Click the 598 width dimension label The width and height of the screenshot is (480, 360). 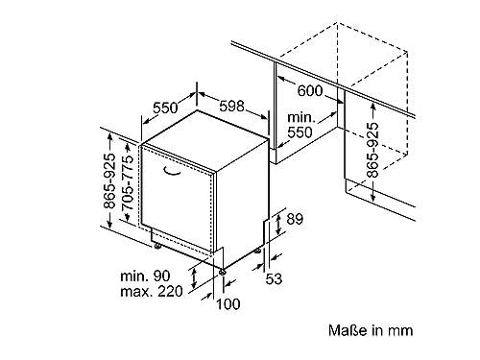(231, 106)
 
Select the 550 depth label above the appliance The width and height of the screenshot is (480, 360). (165, 108)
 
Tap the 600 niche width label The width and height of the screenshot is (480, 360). (310, 91)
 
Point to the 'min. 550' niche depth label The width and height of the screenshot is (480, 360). (300, 125)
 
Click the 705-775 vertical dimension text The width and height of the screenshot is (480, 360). (128, 182)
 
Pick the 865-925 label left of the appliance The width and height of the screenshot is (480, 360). (109, 181)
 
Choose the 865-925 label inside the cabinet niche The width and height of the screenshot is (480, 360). (372, 150)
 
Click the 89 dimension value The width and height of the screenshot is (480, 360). (295, 219)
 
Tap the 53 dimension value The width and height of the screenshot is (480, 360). (274, 278)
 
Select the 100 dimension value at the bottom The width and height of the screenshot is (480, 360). (228, 304)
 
